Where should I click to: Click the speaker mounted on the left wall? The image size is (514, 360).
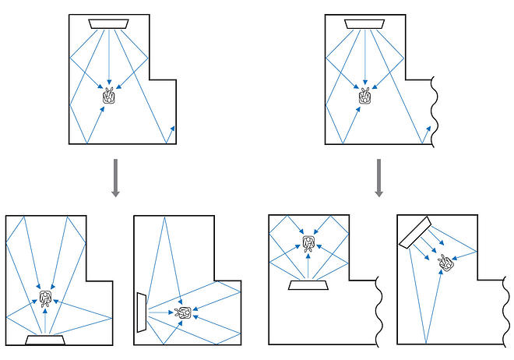click(141, 312)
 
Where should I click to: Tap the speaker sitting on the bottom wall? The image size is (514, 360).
click(46, 339)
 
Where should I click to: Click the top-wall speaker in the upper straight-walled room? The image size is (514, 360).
click(110, 23)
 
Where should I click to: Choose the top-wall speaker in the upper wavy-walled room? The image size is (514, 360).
click(364, 23)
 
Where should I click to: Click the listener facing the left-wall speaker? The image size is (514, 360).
click(184, 312)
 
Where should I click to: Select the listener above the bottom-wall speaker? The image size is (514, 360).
click(45, 298)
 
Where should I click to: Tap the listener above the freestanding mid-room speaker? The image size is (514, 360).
click(308, 244)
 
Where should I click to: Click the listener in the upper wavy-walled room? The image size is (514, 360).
click(364, 97)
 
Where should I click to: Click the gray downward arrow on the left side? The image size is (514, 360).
click(114, 178)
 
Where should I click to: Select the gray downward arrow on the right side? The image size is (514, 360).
click(378, 178)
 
